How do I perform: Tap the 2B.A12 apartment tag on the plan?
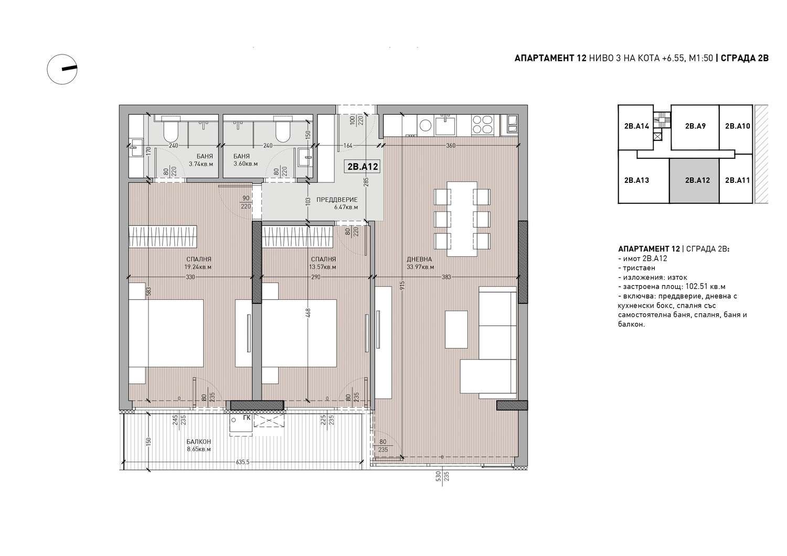[x=363, y=166]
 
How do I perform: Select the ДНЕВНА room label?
[x=419, y=259]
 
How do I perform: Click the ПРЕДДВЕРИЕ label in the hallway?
[x=337, y=200]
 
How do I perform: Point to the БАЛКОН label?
[x=199, y=442]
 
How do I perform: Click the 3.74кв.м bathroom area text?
[x=201, y=164]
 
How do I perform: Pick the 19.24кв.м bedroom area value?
[x=198, y=267]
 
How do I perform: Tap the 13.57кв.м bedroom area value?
[x=323, y=267]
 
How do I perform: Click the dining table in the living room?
[x=462, y=219]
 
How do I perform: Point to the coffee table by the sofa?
[x=456, y=329]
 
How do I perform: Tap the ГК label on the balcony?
[x=247, y=418]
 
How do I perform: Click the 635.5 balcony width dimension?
[x=242, y=462]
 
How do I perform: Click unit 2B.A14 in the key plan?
[x=636, y=126]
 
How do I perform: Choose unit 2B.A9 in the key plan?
[x=695, y=126]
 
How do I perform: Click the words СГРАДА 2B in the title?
[x=745, y=58]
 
